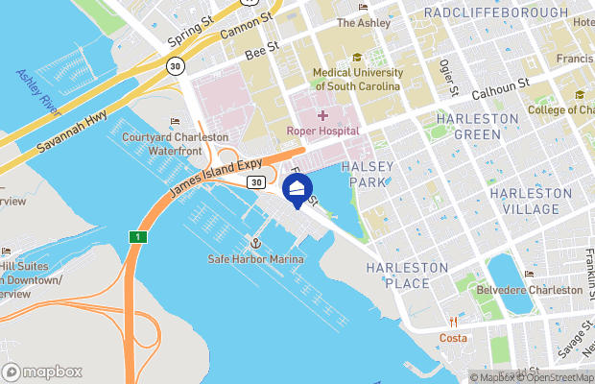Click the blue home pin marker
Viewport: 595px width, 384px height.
click(x=298, y=188)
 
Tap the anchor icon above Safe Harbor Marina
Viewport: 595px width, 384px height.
click(x=256, y=244)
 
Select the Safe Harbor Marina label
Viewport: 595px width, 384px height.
click(x=256, y=260)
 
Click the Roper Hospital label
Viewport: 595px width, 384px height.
click(x=322, y=131)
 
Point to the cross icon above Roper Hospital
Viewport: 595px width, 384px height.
click(x=322, y=115)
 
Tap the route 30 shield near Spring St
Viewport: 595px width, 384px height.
click(x=174, y=66)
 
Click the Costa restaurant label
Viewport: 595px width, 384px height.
click(x=453, y=338)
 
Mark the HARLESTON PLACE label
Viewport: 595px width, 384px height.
click(x=407, y=274)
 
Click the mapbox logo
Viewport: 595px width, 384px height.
click(x=43, y=372)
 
